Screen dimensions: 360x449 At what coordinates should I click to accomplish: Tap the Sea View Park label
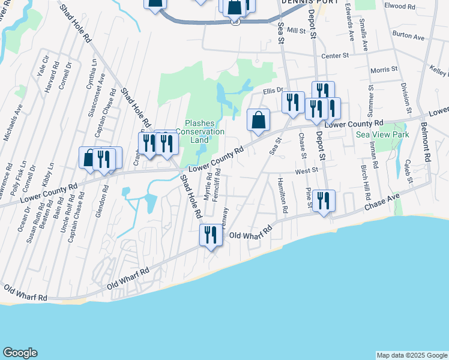pos(382,135)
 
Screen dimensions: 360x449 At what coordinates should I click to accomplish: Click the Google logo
pos(20,353)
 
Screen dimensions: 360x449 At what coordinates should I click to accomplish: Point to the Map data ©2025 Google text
pos(411,355)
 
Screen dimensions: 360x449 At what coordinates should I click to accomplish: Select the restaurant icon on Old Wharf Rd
pos(211,235)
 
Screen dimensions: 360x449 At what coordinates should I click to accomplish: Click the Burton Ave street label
pos(408,37)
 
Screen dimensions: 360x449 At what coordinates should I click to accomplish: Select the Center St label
pos(335,56)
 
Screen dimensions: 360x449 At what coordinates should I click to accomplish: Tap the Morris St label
pos(384,70)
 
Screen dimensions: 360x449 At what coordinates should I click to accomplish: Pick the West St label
pos(306,171)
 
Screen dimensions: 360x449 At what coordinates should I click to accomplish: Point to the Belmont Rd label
pos(426,143)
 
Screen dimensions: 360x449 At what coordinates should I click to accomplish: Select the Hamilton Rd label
pos(283,194)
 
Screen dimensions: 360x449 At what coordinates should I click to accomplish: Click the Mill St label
pos(297,30)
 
